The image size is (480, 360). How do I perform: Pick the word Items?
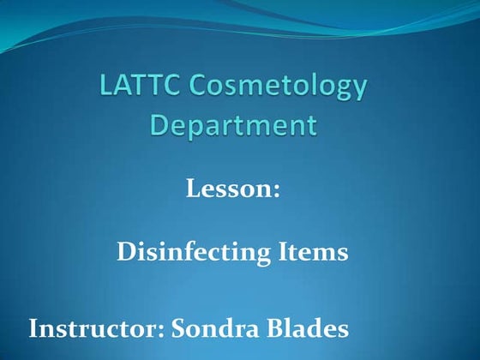tap(313, 253)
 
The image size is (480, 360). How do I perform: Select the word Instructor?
tap(94, 328)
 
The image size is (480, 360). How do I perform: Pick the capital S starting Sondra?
tap(179, 328)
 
